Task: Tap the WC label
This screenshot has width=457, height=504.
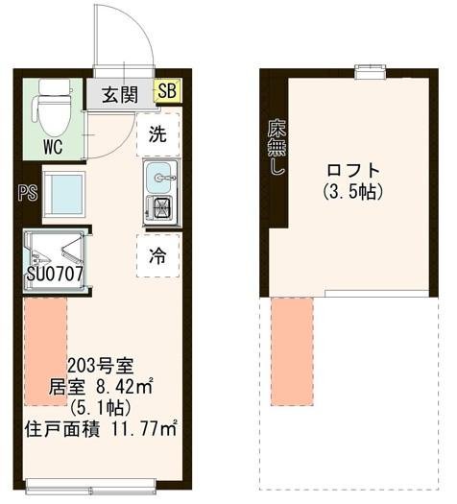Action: (x=54, y=148)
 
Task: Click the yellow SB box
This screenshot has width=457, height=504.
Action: (x=166, y=93)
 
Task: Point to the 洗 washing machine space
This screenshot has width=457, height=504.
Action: (x=157, y=135)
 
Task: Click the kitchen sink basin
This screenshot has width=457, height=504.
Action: (x=159, y=177)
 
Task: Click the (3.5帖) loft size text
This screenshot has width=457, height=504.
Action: (x=352, y=192)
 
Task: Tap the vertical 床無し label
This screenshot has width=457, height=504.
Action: (x=277, y=147)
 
